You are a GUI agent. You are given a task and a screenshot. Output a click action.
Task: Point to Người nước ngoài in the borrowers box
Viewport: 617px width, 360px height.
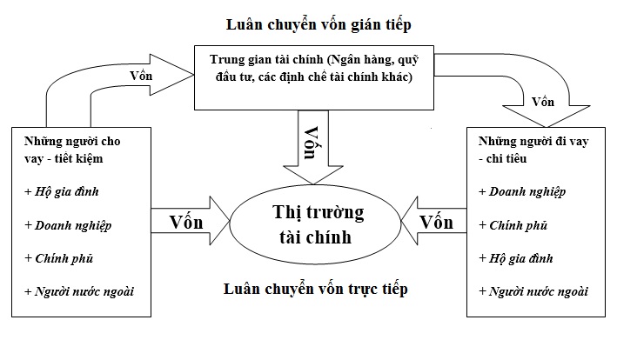point(532,291)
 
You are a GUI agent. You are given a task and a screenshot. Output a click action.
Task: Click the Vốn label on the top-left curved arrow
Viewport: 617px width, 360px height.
point(141,77)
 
